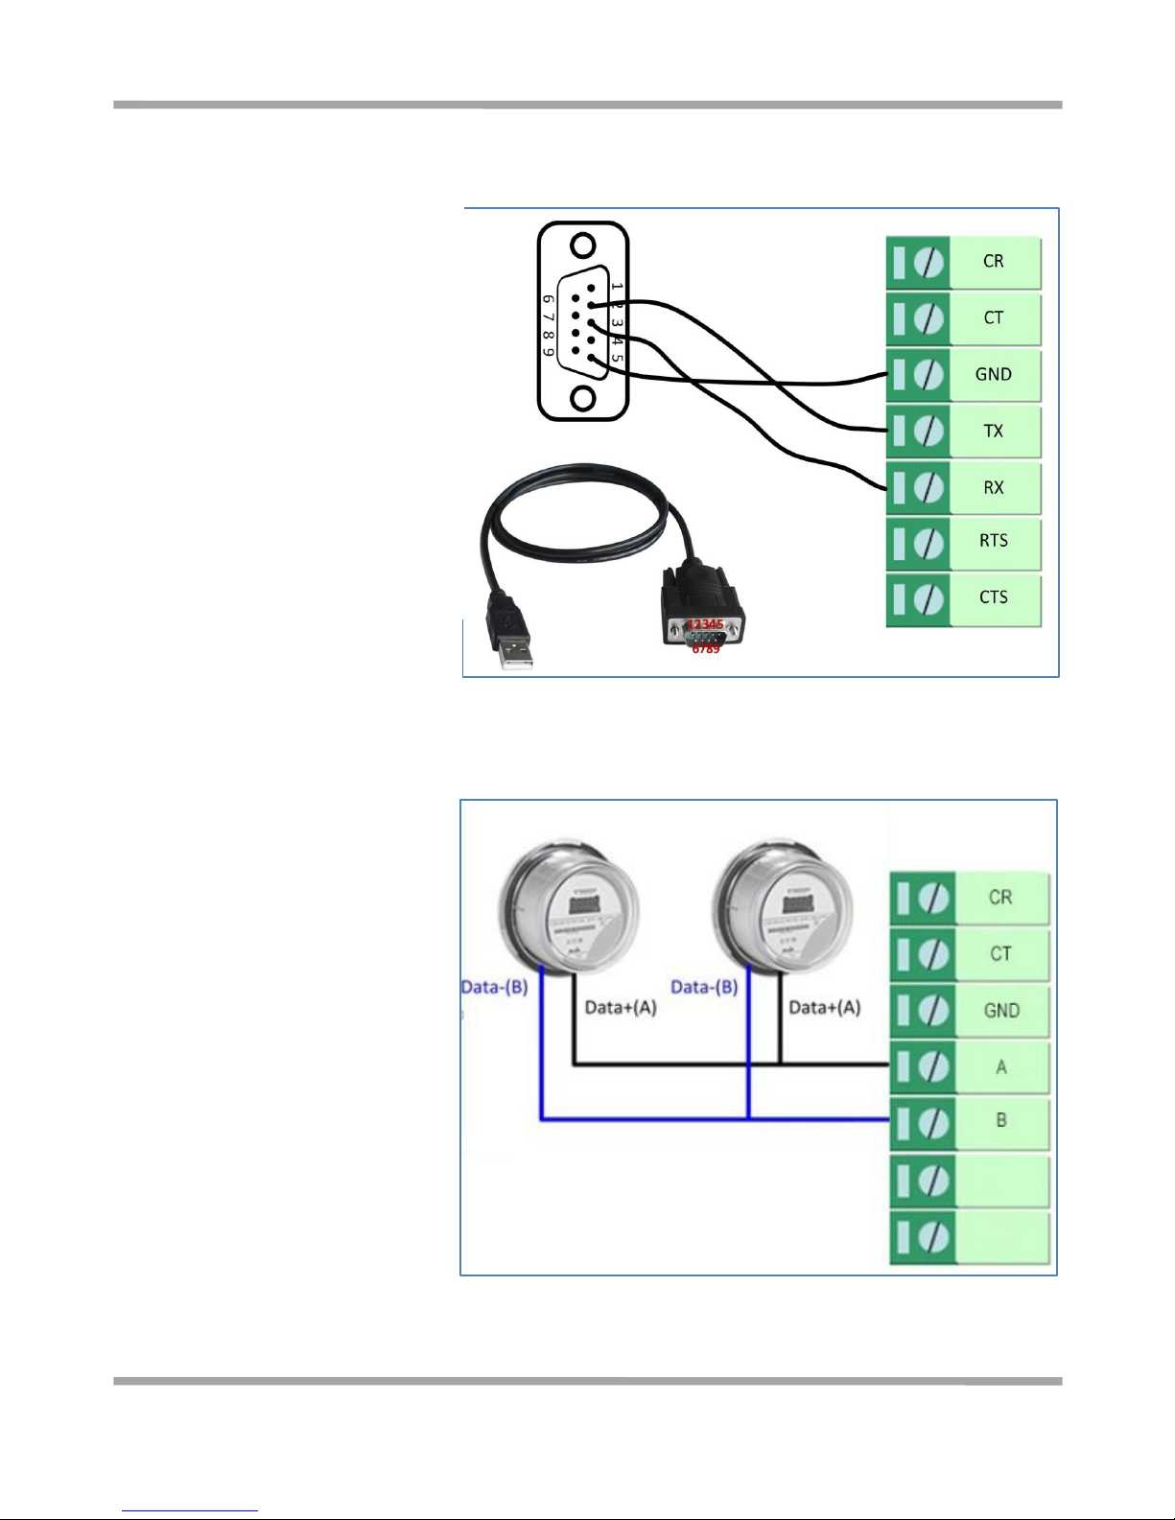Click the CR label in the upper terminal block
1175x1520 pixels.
pos(993,261)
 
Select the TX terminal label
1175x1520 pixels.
pos(993,432)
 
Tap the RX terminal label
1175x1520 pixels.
pos(993,488)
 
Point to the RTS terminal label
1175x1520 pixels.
pos(993,541)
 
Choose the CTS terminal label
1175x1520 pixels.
pos(993,597)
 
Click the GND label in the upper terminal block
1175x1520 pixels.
pos(993,375)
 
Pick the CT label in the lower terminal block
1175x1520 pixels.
pos(1000,954)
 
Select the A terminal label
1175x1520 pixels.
pos(1001,1067)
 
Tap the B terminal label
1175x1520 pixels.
pos(1001,1120)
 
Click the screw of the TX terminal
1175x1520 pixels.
pos(928,432)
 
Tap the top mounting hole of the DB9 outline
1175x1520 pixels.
pos(582,246)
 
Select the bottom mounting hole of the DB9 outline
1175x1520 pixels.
pos(582,396)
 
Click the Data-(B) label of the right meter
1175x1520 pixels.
pos(704,987)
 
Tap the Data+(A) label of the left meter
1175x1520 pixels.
pos(621,1008)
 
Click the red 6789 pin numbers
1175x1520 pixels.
pos(706,649)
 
